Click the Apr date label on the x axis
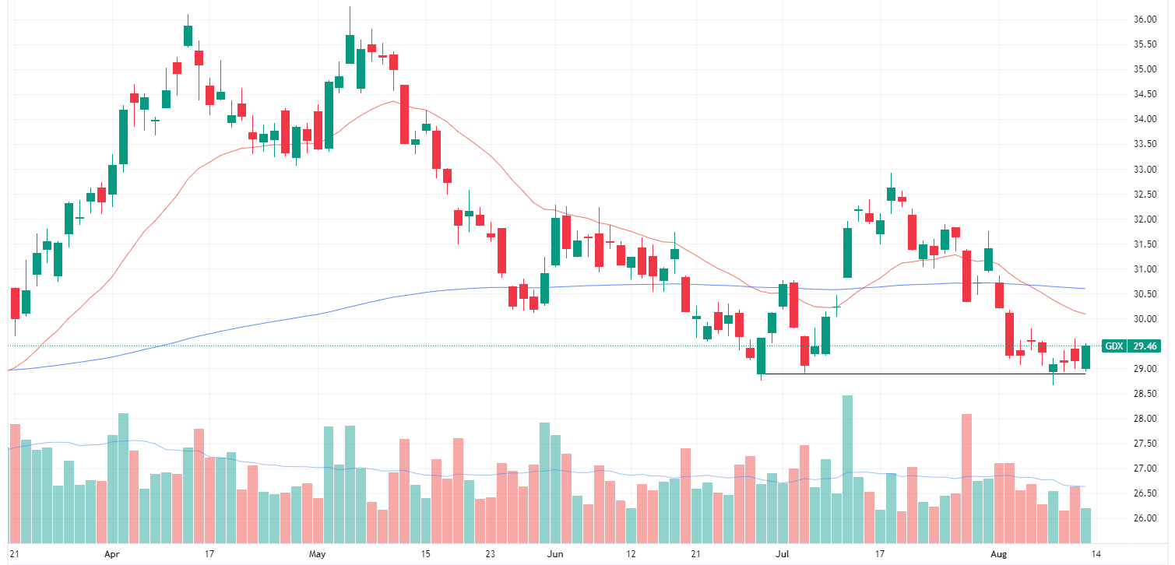112,554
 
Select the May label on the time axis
317,554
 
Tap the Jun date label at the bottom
554,554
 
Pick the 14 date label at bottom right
1096,554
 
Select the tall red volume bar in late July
966,478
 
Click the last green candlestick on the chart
1085,357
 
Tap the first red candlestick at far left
15,302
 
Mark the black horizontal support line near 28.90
919,374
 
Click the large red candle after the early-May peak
405,114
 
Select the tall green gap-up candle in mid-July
847,251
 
